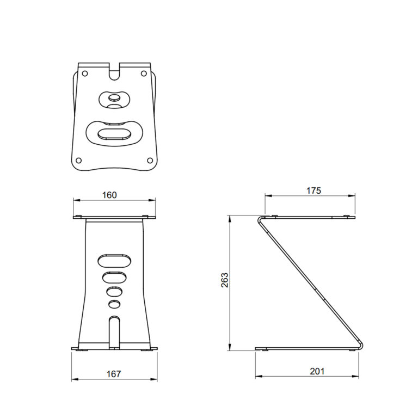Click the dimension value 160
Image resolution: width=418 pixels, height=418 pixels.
(x=109, y=195)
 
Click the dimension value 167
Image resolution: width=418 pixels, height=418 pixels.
(x=114, y=373)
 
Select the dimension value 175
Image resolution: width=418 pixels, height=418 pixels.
(x=313, y=190)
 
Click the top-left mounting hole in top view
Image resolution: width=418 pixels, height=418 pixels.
(x=84, y=73)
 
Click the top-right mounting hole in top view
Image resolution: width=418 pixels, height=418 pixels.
(x=144, y=73)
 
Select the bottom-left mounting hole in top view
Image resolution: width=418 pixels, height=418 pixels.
(x=78, y=160)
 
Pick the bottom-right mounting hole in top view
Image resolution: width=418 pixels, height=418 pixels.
(x=150, y=160)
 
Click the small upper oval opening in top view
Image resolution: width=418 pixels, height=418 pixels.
(x=114, y=99)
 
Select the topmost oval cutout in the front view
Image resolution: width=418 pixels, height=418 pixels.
(x=114, y=260)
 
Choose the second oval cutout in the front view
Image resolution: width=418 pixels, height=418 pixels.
(x=114, y=278)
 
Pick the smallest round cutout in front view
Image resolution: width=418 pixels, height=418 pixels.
(x=114, y=304)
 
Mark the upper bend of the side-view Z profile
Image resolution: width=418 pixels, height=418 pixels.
(x=260, y=220)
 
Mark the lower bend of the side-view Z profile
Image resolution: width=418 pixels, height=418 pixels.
(x=361, y=344)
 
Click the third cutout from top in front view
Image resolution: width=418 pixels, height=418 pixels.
(x=114, y=292)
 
